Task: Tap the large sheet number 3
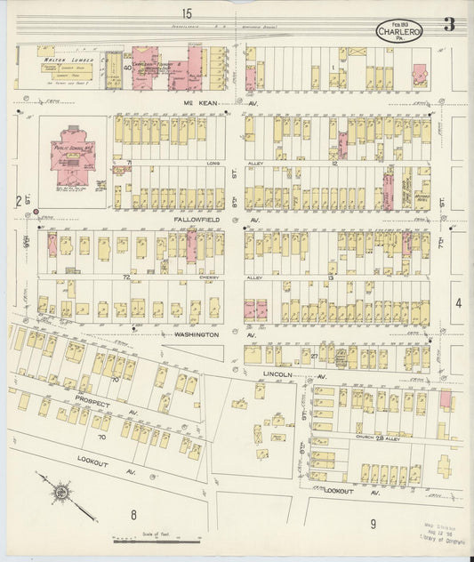point(449,25)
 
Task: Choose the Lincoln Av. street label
point(285,374)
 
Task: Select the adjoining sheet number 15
point(186,12)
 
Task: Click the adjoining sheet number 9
point(374,522)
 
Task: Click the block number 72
point(126,278)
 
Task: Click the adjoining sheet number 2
point(18,201)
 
